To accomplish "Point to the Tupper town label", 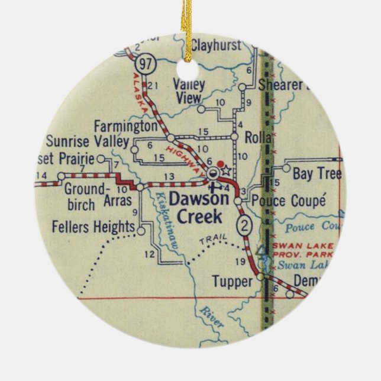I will [x=231, y=282].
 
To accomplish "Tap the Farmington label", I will [x=126, y=127].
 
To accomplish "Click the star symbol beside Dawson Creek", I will [x=225, y=171].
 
